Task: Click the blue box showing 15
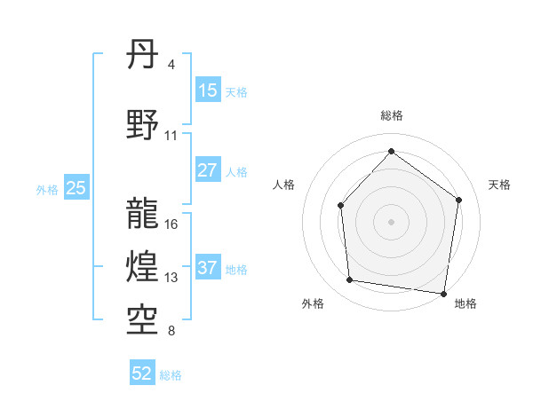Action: (x=208, y=90)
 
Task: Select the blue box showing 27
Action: (x=208, y=171)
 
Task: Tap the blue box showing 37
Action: (x=208, y=269)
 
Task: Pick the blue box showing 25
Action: (x=76, y=188)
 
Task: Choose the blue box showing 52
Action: (x=142, y=374)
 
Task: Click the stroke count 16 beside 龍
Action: (x=171, y=224)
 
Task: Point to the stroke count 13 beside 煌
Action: (x=171, y=278)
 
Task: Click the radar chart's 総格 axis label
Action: (x=391, y=115)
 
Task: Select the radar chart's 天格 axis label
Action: (x=499, y=185)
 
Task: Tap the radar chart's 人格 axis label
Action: (x=284, y=185)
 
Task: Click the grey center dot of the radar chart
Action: (x=391, y=221)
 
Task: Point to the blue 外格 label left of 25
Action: (x=46, y=189)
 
